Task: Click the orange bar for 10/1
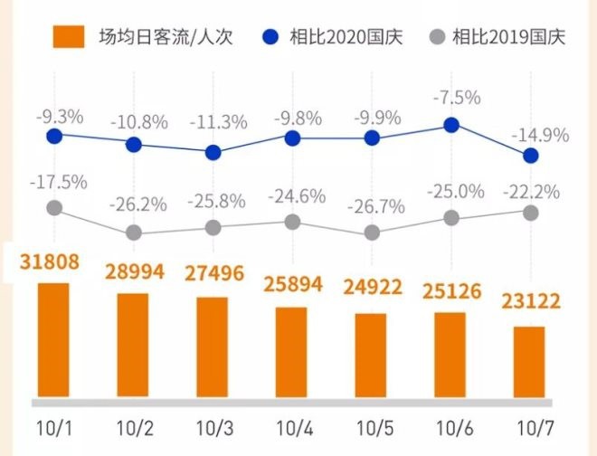coord(53,340)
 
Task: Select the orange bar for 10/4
coord(292,352)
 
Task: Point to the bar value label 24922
coord(372,289)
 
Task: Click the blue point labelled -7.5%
coord(450,126)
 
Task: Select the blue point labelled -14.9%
coord(531,156)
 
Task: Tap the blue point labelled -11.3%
coord(213,152)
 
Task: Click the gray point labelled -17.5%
coord(54,208)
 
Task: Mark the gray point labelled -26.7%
coord(372,233)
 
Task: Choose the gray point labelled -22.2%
coord(531,213)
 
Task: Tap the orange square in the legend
coord(69,37)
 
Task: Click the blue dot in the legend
coord(269,37)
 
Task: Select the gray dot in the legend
coord(438,37)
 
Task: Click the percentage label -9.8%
coord(292,119)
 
